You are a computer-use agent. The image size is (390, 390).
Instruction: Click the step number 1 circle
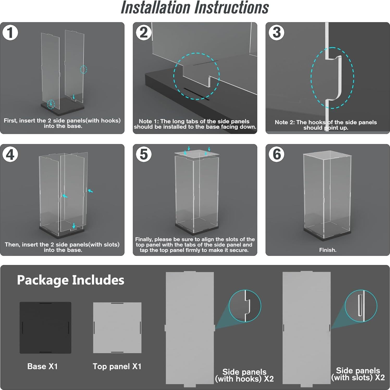pyautogui.click(x=10, y=33)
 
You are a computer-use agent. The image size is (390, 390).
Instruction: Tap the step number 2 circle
pyautogui.click(x=144, y=33)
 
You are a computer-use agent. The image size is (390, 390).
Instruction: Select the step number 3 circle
pyautogui.click(x=276, y=33)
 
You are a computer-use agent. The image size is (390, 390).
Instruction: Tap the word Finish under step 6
pyautogui.click(x=327, y=250)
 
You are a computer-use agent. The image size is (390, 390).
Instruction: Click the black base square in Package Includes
pyautogui.click(x=45, y=328)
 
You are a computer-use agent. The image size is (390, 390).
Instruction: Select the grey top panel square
pyautogui.click(x=117, y=328)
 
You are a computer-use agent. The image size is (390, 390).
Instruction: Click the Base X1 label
pyautogui.click(x=42, y=366)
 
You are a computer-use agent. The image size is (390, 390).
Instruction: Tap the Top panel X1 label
pyautogui.click(x=117, y=367)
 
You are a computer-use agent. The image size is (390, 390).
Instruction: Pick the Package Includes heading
pyautogui.click(x=71, y=280)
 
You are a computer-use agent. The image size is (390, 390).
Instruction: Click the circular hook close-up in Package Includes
pyautogui.click(x=245, y=306)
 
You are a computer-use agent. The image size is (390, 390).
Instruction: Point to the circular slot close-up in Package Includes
pyautogui.click(x=361, y=306)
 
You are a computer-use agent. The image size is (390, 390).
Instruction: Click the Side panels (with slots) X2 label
pyautogui.click(x=358, y=374)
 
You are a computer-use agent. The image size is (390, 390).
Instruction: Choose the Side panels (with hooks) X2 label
pyautogui.click(x=244, y=375)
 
